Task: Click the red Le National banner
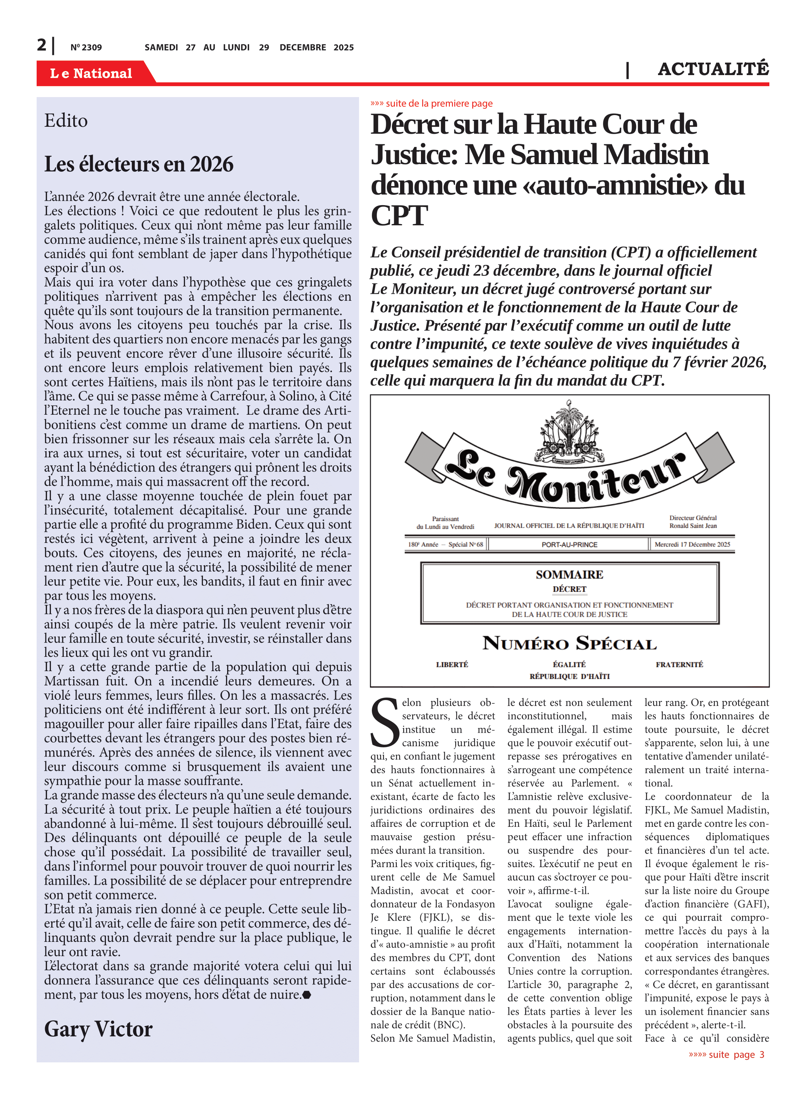click(91, 73)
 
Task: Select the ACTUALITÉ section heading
click(713, 69)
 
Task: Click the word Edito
click(66, 121)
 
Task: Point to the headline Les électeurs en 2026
click(138, 164)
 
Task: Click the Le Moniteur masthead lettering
click(566, 478)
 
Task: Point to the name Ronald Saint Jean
click(693, 526)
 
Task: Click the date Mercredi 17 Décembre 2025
click(692, 544)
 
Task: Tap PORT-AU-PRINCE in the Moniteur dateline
click(569, 544)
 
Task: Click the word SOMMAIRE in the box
click(569, 575)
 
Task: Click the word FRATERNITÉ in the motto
click(679, 665)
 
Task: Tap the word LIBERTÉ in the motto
click(452, 665)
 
